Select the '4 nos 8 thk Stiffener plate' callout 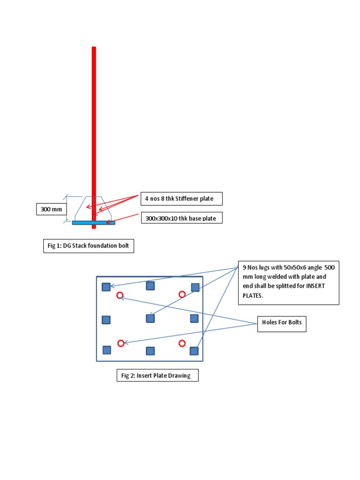pos(181,199)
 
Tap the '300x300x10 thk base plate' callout pos(181,218)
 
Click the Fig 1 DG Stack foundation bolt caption pos(89,246)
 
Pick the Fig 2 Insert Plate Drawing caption pos(157,375)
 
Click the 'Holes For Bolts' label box pos(281,323)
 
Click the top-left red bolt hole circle pos(120,295)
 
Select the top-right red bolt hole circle pos(182,294)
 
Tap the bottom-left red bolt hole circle pos(120,343)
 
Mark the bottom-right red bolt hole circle pos(182,343)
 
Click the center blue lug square pos(150,318)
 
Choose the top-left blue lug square pos(106,287)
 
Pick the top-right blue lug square pos(195,287)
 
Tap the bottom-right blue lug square pos(194,350)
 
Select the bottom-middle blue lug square pos(150,351)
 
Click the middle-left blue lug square pos(106,320)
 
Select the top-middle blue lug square pos(150,286)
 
